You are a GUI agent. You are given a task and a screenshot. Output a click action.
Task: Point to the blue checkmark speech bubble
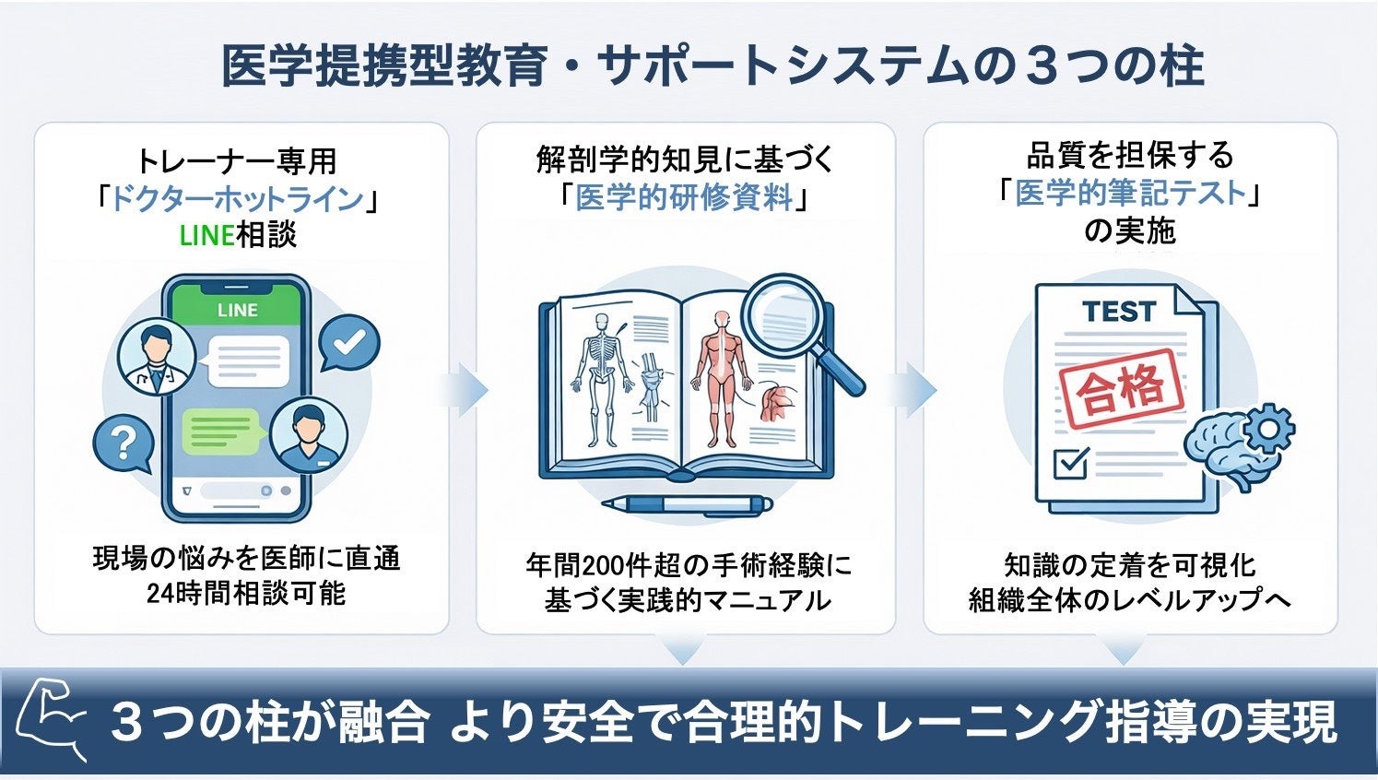point(348,344)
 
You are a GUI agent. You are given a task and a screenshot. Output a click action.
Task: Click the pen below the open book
point(687,504)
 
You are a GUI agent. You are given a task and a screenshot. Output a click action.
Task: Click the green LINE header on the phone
point(237,310)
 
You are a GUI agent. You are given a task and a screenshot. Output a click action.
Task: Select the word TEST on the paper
point(1119,312)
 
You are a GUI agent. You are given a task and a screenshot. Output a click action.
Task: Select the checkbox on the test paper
point(1070,462)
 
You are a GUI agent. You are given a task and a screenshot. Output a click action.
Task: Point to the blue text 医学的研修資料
point(684,197)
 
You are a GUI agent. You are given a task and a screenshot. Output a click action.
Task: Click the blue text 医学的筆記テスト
point(1130,193)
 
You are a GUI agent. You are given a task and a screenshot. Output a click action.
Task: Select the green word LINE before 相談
point(206,235)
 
